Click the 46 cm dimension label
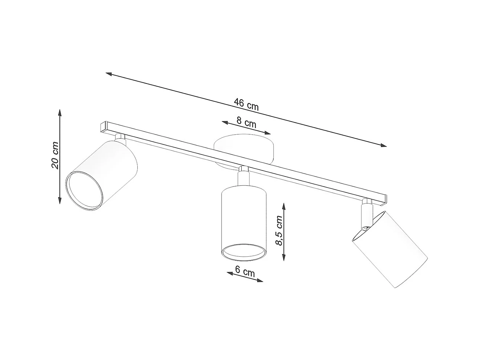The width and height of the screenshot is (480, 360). pos(246,104)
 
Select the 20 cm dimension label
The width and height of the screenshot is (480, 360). pos(55,155)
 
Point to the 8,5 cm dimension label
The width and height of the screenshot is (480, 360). pos(279,230)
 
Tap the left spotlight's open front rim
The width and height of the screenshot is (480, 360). pos(84,191)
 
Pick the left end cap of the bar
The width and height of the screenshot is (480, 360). pos(103,127)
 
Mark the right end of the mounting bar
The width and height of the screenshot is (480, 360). pos(383,199)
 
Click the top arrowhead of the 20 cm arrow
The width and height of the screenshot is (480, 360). pos(60,111)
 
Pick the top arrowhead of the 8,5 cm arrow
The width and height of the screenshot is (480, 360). pos(284,206)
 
